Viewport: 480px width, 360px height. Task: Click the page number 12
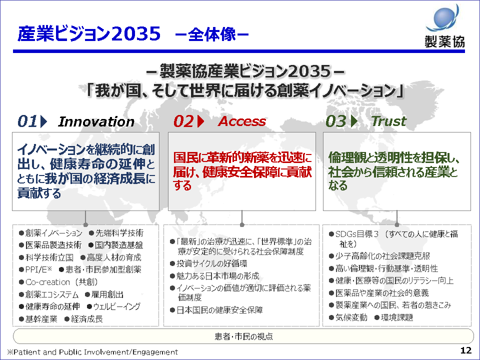pyautogui.click(x=466, y=350)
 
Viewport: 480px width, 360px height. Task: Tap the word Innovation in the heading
pyautogui.click(x=96, y=121)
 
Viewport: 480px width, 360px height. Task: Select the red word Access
pyautogui.click(x=242, y=121)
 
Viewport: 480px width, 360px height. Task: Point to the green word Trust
pyautogui.click(x=389, y=121)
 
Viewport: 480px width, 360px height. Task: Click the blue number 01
pyautogui.click(x=27, y=121)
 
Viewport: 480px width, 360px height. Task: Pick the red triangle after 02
pyautogui.click(x=200, y=121)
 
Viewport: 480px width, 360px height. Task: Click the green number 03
pyautogui.click(x=336, y=121)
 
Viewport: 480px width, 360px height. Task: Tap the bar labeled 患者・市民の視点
pyautogui.click(x=243, y=336)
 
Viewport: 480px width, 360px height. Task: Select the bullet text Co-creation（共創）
pyautogui.click(x=61, y=282)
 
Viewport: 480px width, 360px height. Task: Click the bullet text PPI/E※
pyautogui.click(x=38, y=269)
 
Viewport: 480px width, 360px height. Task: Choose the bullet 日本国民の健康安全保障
pyautogui.click(x=219, y=310)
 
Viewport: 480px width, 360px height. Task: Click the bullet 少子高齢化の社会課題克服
pyautogui.click(x=382, y=256)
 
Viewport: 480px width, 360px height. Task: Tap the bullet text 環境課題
pyautogui.click(x=397, y=317)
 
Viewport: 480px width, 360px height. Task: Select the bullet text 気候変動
pyautogui.click(x=351, y=317)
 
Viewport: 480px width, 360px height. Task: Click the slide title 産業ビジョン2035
pyautogui.click(x=89, y=33)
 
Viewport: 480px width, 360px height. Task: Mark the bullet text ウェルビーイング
pyautogui.click(x=116, y=306)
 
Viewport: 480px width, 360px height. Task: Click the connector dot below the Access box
pyautogui.click(x=242, y=225)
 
